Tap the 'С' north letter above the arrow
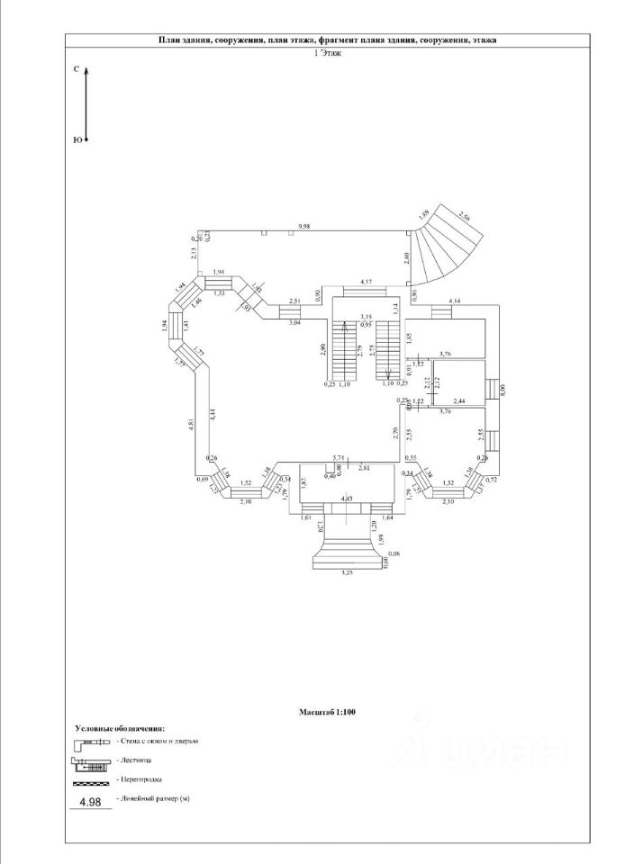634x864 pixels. pos(77,68)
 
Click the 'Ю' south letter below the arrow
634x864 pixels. pos(77,140)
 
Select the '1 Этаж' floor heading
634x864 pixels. pos(326,53)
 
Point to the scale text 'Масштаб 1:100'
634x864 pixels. pos(329,712)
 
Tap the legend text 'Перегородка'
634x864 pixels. pos(139,779)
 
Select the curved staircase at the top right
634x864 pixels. pos(451,244)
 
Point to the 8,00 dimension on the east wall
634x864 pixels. pos(503,390)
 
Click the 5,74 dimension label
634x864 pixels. pos(340,458)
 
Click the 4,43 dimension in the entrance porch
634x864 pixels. pos(346,498)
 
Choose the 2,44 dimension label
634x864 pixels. pos(459,400)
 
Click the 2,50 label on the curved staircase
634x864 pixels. pos(465,215)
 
